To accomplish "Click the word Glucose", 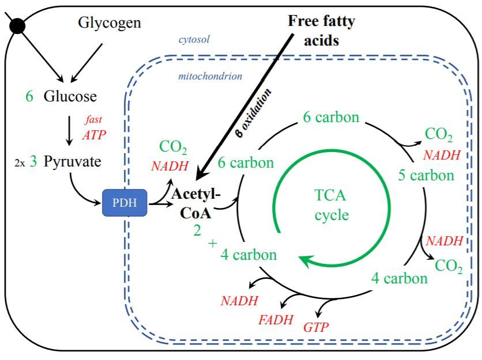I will (71, 96).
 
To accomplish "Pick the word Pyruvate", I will (73, 162).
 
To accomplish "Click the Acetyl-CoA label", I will (194, 201).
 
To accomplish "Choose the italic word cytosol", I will (193, 40).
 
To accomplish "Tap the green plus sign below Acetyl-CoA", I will (213, 244).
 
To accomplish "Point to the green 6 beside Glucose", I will (29, 96).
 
